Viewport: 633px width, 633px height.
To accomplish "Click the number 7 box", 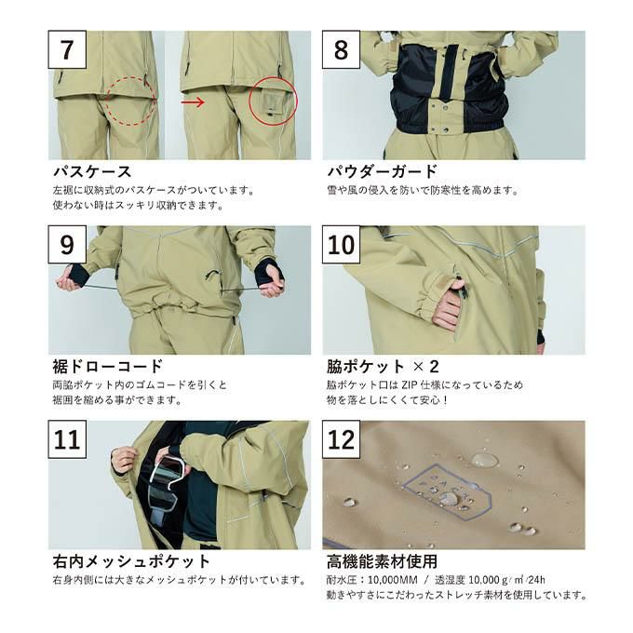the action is [x=67, y=49].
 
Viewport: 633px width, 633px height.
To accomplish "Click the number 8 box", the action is [x=341, y=49].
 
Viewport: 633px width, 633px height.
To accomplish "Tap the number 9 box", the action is [x=67, y=245].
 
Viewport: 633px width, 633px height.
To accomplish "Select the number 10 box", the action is [x=341, y=245].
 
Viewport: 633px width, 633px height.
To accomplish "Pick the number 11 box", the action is [x=67, y=439].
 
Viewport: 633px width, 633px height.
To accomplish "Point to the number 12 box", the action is [x=341, y=439].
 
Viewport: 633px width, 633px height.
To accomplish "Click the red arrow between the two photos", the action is [x=193, y=101].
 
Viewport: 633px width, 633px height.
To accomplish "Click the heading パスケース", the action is [x=92, y=171].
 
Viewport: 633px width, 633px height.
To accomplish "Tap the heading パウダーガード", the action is [x=382, y=171].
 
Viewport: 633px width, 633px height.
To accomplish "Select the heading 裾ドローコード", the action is [x=108, y=366].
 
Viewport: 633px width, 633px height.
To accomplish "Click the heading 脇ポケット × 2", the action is [x=383, y=366].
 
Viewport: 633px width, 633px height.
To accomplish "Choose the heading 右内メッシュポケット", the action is [x=131, y=561].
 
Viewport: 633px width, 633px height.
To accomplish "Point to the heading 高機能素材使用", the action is [x=382, y=561].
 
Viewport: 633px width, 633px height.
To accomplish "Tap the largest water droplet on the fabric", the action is [x=483, y=460].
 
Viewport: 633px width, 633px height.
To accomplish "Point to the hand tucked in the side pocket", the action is [x=448, y=305].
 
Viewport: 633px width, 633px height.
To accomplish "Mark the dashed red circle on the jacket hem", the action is [x=131, y=101].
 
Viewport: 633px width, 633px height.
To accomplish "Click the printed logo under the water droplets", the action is [x=448, y=490].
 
